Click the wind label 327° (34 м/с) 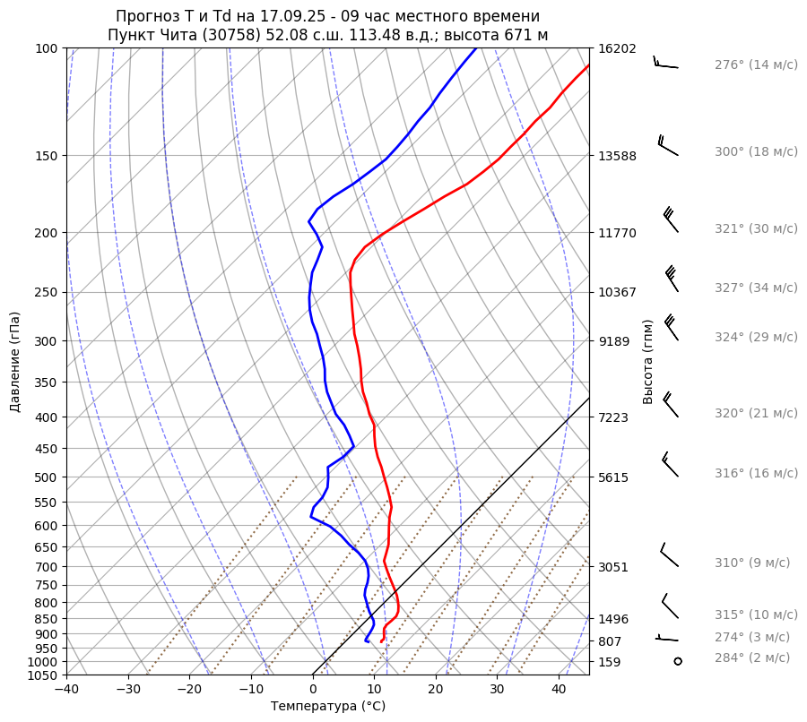[x=755, y=288]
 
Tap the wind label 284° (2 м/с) [x=752, y=658]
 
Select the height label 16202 [x=617, y=48]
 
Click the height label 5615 [x=613, y=477]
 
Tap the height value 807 [x=610, y=641]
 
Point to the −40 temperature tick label [x=66, y=689]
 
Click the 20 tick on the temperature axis [x=436, y=689]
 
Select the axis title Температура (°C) [x=328, y=706]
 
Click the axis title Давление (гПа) [x=15, y=362]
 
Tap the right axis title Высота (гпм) [x=648, y=361]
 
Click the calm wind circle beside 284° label [x=678, y=661]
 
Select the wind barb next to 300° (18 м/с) [x=668, y=145]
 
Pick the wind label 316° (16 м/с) [x=756, y=473]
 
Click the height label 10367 [x=617, y=292]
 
